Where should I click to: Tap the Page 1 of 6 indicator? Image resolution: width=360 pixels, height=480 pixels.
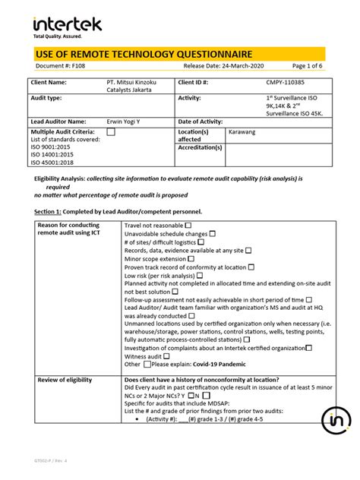(x=304, y=66)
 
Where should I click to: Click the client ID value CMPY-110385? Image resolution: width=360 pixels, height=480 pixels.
(x=286, y=82)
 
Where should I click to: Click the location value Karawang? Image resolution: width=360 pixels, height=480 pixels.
(x=242, y=131)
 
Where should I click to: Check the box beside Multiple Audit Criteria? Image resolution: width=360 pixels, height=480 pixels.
(x=111, y=131)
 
